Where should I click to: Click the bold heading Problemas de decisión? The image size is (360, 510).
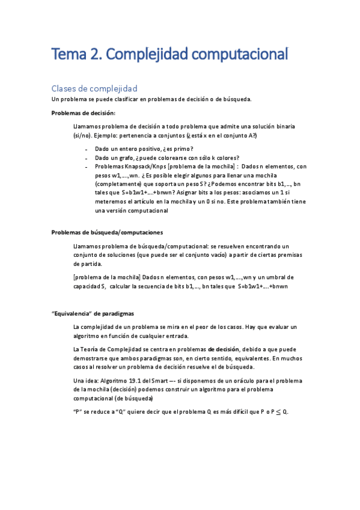[x=84, y=113]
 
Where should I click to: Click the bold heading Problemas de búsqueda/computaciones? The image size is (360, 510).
[x=107, y=232]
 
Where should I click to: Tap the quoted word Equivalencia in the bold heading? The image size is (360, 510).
[x=72, y=313]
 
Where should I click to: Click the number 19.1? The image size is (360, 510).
[x=144, y=381]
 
